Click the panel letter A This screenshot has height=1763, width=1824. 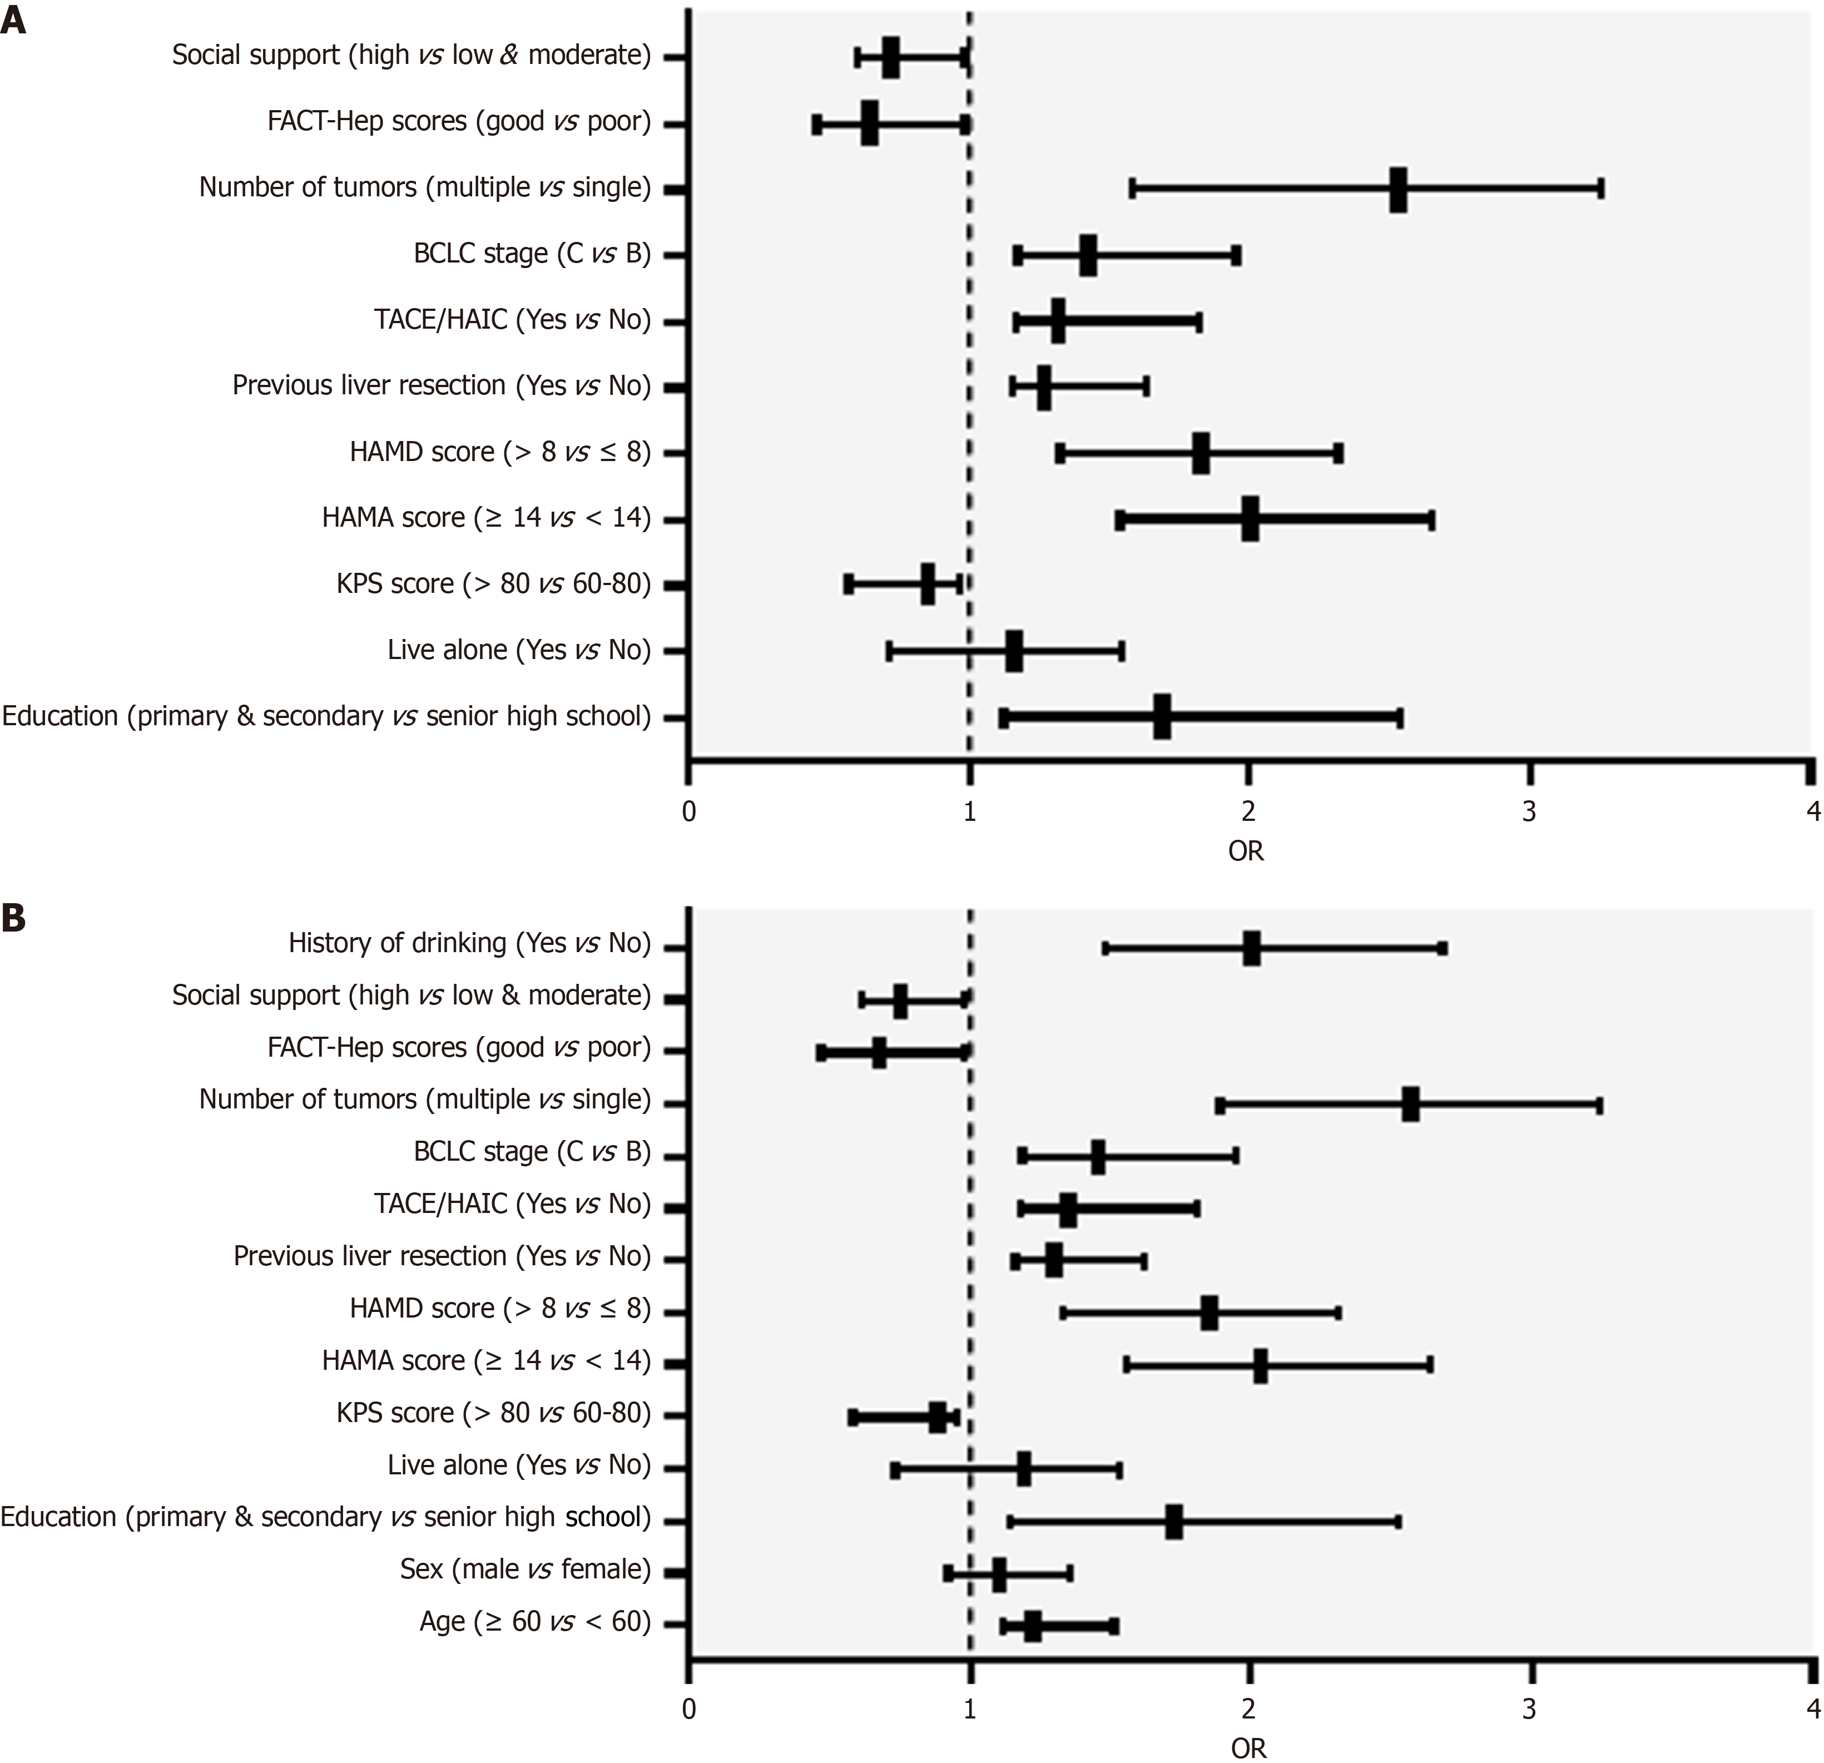(13, 21)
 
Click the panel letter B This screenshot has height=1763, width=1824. (13, 918)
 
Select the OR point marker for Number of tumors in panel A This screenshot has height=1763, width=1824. (1398, 190)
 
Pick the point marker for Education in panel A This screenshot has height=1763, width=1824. (1161, 717)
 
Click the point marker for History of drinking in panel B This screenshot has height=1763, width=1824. (1252, 948)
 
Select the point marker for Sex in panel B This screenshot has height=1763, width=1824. (999, 1574)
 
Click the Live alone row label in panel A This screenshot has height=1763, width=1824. (518, 650)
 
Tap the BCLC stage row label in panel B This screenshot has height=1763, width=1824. (532, 1152)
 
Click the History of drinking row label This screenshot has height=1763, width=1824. (469, 944)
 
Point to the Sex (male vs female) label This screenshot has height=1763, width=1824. (525, 1569)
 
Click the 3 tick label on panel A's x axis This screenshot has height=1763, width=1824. (1529, 811)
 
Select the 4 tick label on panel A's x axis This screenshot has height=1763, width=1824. (1812, 811)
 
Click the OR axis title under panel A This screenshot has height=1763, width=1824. (1246, 851)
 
